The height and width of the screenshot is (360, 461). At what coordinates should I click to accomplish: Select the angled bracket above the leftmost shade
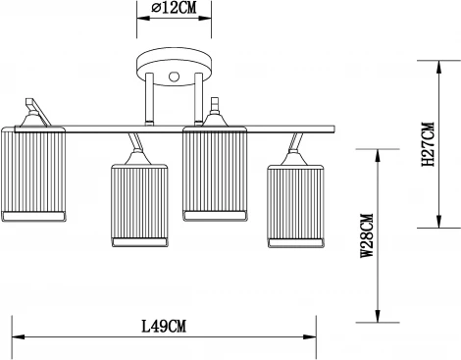pyautogui.click(x=33, y=105)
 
